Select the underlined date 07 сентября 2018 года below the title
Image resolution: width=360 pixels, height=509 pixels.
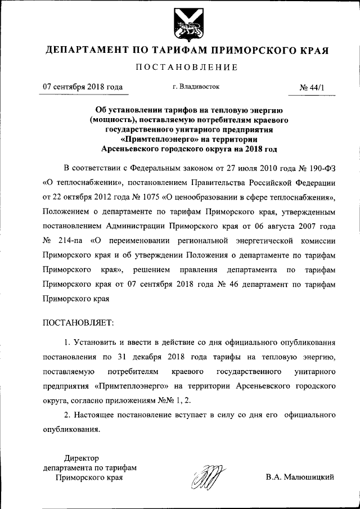point(83,87)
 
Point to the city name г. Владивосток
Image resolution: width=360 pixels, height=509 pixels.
point(196,87)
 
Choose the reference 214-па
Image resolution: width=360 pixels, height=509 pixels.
point(72,241)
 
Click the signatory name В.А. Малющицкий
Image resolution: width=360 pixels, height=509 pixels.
point(300,478)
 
